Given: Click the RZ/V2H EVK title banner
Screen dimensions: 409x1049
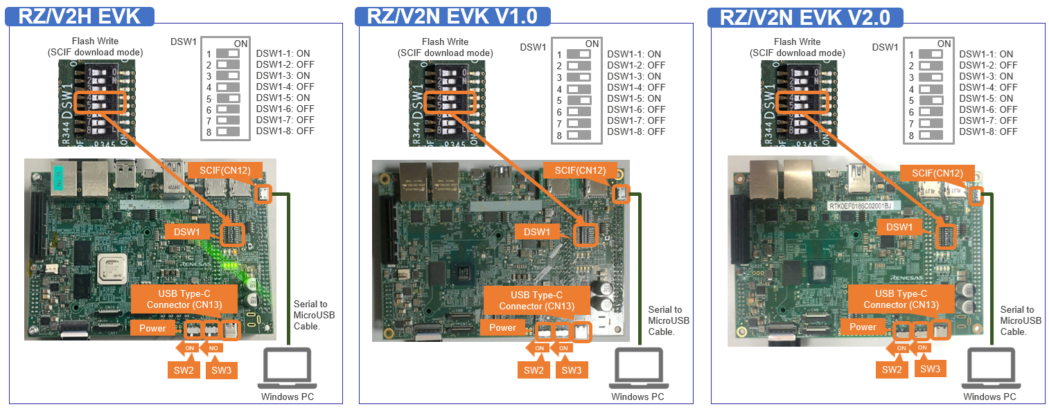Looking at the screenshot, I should pos(80,16).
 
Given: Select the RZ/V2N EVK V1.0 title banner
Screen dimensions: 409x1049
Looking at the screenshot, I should pos(452,16).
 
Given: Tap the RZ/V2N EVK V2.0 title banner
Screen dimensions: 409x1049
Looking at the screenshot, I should pos(805,17).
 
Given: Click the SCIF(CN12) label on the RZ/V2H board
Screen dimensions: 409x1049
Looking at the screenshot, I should pos(224,170).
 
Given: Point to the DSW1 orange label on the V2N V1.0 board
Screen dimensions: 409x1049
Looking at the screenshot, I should pos(536,232).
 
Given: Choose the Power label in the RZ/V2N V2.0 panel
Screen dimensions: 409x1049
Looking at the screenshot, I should pos(863,327).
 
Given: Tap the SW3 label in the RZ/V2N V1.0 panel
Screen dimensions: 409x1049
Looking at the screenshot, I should pos(571,370).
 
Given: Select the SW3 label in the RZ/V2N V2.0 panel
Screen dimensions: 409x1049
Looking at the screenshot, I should pos(930,370).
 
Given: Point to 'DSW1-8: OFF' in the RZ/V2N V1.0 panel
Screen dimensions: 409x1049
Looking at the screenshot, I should pos(636,131).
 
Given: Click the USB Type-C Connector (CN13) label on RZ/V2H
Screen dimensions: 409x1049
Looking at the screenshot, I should pos(184,300).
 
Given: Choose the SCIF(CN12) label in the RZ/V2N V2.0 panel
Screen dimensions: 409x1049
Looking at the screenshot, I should pos(936,173).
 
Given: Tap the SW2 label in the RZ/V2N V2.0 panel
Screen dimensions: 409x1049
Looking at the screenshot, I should pos(892,370).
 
